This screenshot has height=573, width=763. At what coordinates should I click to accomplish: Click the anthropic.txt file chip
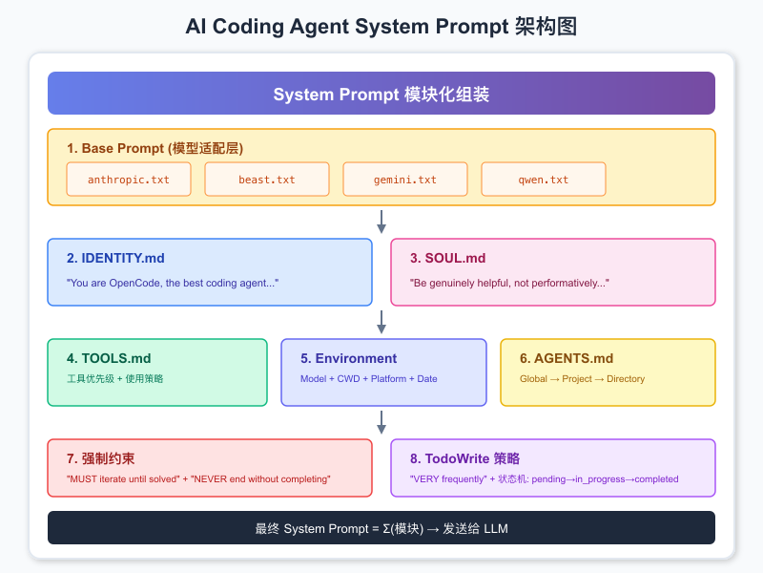129,180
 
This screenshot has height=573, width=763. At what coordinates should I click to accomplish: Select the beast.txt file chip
267,180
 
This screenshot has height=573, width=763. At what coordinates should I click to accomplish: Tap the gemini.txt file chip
405,180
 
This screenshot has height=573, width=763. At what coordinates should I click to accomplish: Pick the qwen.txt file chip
544,180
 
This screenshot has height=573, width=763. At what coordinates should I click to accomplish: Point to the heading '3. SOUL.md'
448,258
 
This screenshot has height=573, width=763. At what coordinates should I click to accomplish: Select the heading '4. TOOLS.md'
109,358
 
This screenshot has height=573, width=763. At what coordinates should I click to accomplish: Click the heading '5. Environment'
348,358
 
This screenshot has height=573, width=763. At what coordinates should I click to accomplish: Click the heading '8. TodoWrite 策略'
464,458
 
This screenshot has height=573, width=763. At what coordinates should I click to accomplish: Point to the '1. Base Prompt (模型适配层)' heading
155,148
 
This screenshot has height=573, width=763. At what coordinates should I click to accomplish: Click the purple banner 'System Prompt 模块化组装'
381,94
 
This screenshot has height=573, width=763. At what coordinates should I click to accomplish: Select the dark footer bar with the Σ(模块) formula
381,528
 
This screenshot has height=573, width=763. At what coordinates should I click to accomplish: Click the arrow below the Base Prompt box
381,222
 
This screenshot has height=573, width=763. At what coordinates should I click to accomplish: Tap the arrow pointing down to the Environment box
381,322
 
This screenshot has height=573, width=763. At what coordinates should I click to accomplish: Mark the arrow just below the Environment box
381,422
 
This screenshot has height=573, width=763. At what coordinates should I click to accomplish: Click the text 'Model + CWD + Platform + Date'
369,379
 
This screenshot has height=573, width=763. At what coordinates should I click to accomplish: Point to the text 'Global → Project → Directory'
582,379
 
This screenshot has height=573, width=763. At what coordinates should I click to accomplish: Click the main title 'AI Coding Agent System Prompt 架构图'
381,27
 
